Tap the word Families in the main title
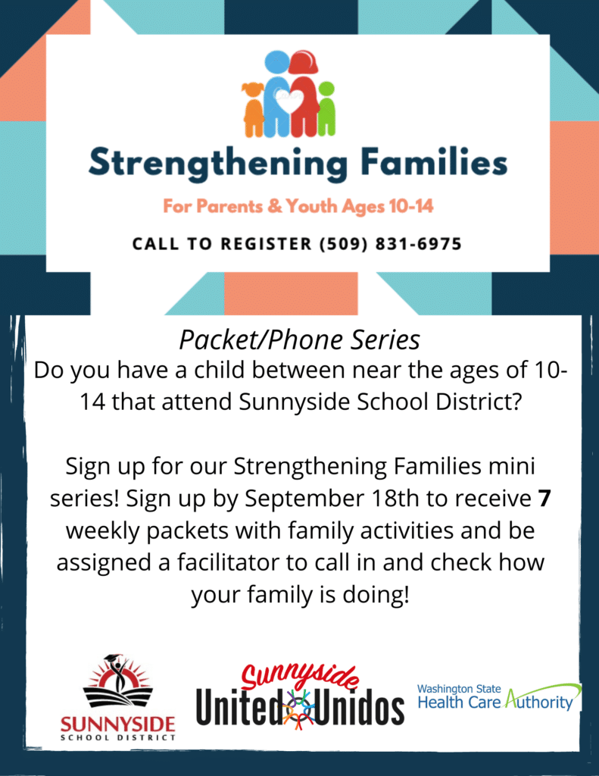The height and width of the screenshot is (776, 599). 436,162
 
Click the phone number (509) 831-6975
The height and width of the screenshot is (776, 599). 391,244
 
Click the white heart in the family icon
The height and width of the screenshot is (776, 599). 288,99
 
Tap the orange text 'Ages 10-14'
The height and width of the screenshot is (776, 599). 392,205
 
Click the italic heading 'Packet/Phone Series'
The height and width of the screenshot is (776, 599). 299,340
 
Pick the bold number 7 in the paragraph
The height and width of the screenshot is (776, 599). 543,499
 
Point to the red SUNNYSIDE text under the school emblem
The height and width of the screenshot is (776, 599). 117,722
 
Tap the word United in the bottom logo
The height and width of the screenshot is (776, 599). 237,709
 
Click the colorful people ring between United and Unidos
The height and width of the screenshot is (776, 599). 298,709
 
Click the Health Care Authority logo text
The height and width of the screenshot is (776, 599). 496,702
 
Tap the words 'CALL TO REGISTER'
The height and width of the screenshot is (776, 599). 222,244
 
